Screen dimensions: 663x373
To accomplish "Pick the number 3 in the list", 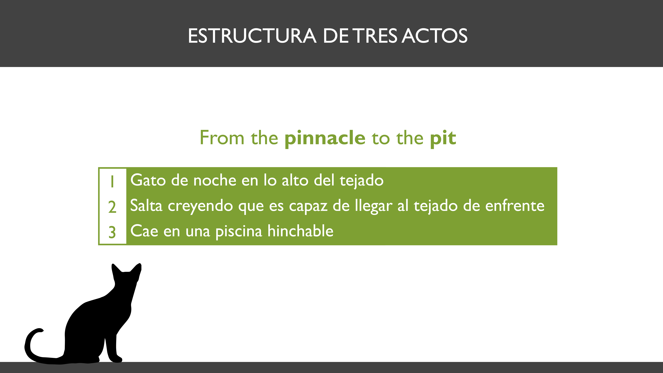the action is (x=112, y=232).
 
